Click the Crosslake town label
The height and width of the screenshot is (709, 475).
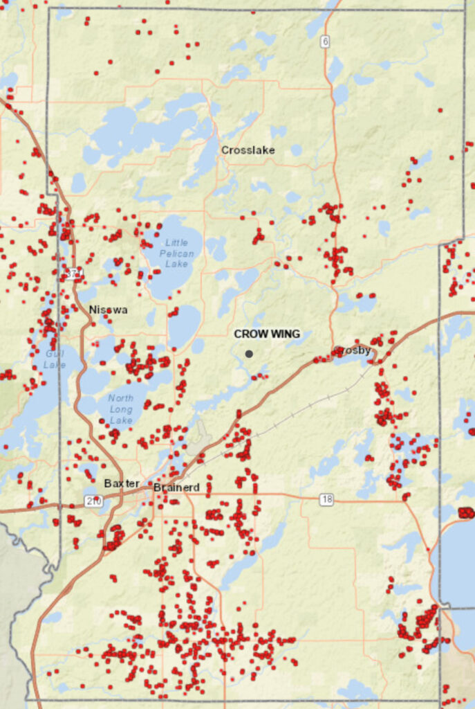(x=248, y=150)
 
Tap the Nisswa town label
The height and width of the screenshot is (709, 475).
(x=108, y=309)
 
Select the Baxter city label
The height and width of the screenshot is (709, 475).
(x=122, y=483)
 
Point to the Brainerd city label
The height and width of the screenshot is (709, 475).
(x=176, y=487)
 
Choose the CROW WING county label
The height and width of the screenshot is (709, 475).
(x=267, y=334)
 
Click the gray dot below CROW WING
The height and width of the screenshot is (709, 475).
(x=249, y=354)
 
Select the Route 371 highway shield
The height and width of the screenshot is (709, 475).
(x=74, y=274)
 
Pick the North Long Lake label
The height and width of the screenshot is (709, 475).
(x=121, y=409)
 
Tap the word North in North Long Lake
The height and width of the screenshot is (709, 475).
(x=122, y=397)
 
